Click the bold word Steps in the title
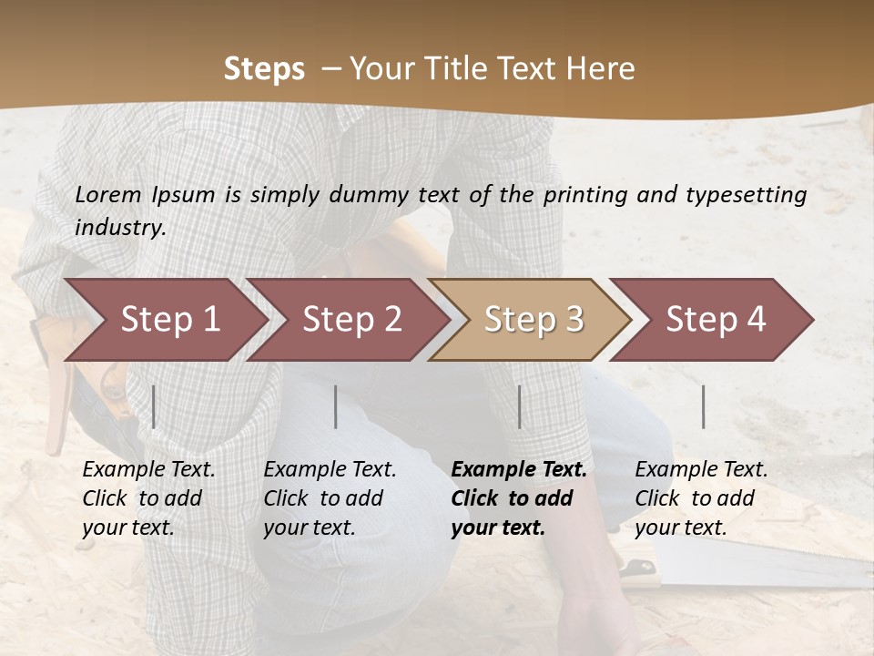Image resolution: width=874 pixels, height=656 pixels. click(x=264, y=69)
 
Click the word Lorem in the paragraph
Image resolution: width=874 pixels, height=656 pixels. click(x=107, y=194)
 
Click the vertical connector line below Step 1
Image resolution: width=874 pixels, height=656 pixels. click(x=154, y=406)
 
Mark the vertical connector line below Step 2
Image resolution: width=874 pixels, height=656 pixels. click(x=336, y=406)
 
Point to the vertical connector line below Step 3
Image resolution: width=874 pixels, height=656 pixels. click(x=520, y=406)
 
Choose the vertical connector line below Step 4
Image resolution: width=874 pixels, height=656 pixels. click(x=704, y=406)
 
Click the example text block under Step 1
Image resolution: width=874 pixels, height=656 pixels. click(x=147, y=498)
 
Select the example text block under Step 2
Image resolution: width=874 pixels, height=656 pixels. click(x=329, y=498)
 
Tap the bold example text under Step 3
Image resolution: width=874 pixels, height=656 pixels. click(x=518, y=498)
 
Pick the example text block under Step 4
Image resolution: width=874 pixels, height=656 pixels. click(x=700, y=498)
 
